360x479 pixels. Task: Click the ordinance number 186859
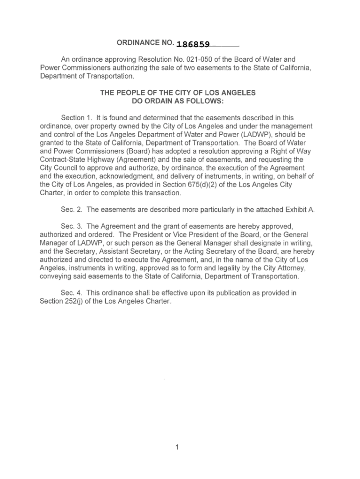pos(193,45)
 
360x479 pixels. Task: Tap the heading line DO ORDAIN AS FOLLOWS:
pos(178,101)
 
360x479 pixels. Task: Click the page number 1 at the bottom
pos(178,447)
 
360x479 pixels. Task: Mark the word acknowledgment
pos(132,176)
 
